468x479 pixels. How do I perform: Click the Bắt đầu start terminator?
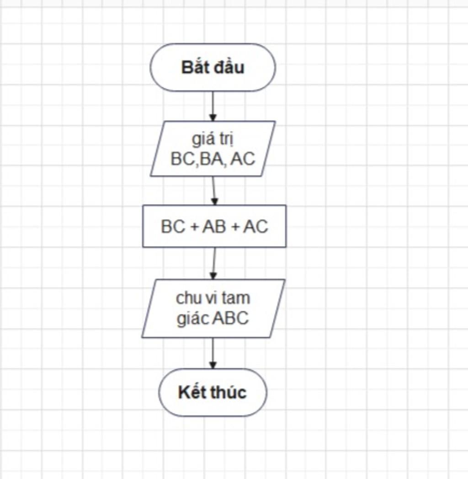[x=213, y=68]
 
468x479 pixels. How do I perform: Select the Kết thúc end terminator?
[x=213, y=393]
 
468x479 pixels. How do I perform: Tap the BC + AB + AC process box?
[x=214, y=226]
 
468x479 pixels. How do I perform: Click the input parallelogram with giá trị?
[x=213, y=149]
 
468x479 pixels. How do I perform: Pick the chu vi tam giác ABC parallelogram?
[x=213, y=309]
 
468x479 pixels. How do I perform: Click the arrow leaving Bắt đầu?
[x=213, y=106]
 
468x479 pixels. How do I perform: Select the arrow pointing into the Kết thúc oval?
[x=213, y=353]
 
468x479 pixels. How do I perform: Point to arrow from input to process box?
[x=214, y=191]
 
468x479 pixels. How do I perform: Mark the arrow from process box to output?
[x=213, y=263]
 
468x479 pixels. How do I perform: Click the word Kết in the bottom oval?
[x=191, y=393]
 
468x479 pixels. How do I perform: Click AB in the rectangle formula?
[x=214, y=227]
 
